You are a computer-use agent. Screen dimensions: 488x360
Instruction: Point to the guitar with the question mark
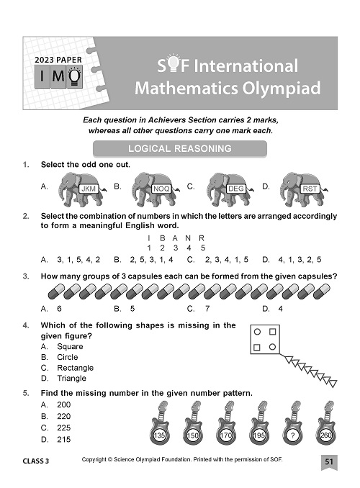pyautogui.click(x=293, y=425)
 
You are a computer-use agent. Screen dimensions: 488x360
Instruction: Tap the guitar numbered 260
pyautogui.click(x=325, y=425)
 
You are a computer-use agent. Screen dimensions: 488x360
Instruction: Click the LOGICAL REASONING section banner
pyautogui.click(x=179, y=149)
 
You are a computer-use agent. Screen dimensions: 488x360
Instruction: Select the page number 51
pyautogui.click(x=328, y=461)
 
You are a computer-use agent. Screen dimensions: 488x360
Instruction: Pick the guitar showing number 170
pyautogui.click(x=227, y=425)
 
